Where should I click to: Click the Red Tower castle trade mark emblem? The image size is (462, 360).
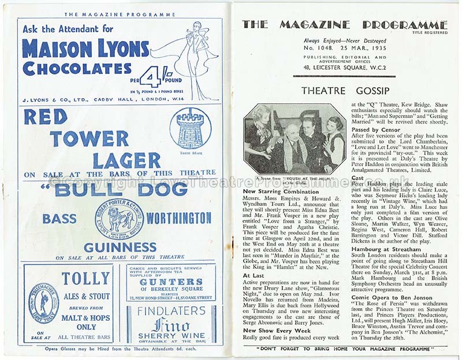190,128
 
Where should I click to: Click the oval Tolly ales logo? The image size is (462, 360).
43,303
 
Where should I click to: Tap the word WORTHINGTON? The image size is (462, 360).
178,218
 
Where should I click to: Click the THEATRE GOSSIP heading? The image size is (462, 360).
345,91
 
